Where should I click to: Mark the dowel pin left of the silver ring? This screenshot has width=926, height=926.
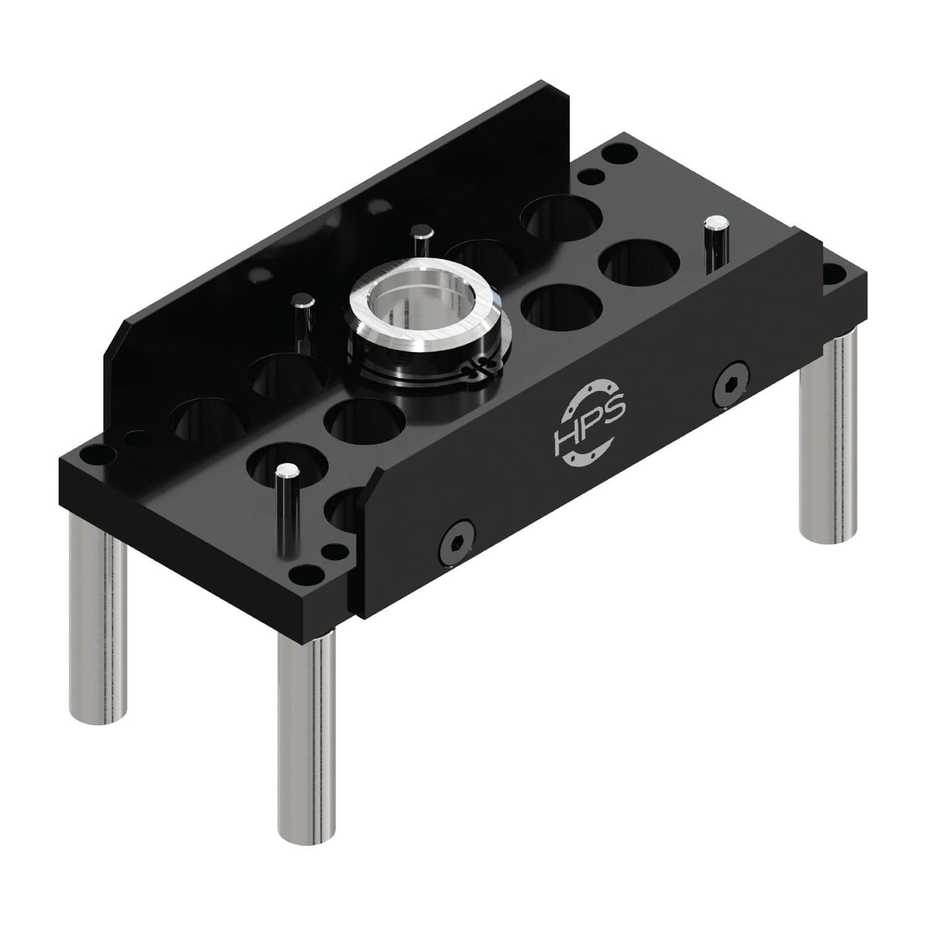click(x=303, y=320)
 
